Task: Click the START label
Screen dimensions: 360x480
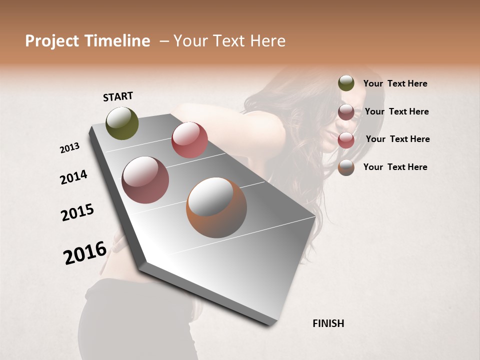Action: pyautogui.click(x=118, y=96)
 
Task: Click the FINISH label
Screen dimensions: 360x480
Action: pyautogui.click(x=328, y=323)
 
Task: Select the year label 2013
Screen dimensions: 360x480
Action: pyautogui.click(x=69, y=148)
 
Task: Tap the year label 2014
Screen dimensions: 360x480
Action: pyautogui.click(x=73, y=177)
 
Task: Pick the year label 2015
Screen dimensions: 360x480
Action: pyautogui.click(x=77, y=212)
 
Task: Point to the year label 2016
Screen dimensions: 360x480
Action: pyautogui.click(x=85, y=253)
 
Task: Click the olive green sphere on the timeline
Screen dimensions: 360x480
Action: pyautogui.click(x=122, y=123)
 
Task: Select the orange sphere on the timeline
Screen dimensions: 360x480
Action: pyautogui.click(x=216, y=207)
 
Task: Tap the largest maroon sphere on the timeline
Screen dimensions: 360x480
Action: pyautogui.click(x=145, y=180)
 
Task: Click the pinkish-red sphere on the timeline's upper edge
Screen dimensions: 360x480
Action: pyautogui.click(x=189, y=139)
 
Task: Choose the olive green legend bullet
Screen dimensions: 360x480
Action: pyautogui.click(x=346, y=83)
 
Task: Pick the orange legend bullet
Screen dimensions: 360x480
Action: pyautogui.click(x=346, y=167)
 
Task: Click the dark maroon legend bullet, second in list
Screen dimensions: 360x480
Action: pyautogui.click(x=346, y=112)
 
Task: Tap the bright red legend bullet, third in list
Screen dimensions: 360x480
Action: pyautogui.click(x=346, y=140)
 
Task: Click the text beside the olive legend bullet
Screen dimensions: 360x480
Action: pyautogui.click(x=395, y=83)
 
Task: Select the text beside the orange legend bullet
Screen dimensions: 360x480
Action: pyautogui.click(x=395, y=167)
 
